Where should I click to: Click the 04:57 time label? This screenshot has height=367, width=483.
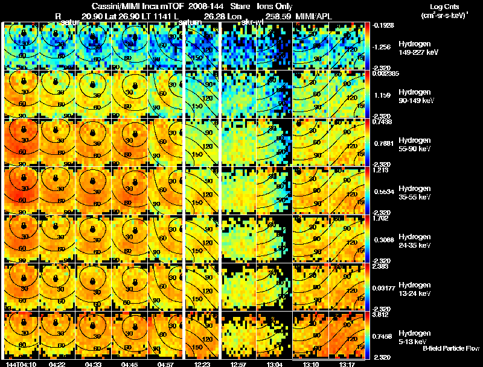(x=165, y=363)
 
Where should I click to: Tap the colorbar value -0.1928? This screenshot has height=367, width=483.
(x=384, y=26)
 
